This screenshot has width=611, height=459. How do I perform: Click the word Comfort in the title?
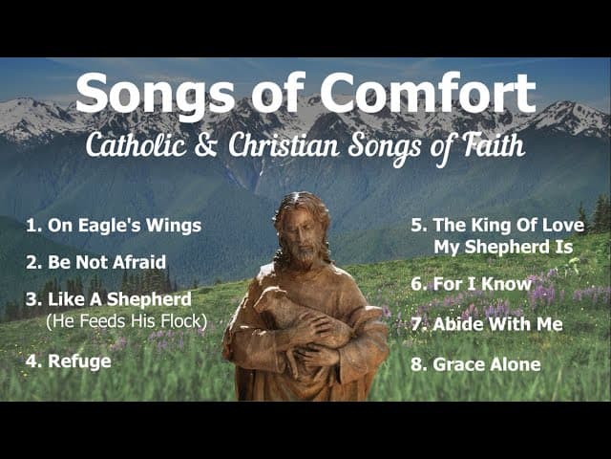pos(429,94)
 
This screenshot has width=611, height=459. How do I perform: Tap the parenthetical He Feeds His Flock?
pos(126,320)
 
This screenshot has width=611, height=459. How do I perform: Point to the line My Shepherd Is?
pos(503,247)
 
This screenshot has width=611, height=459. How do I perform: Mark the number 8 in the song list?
pos(416,364)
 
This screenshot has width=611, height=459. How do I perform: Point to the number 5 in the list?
pos(417,226)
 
